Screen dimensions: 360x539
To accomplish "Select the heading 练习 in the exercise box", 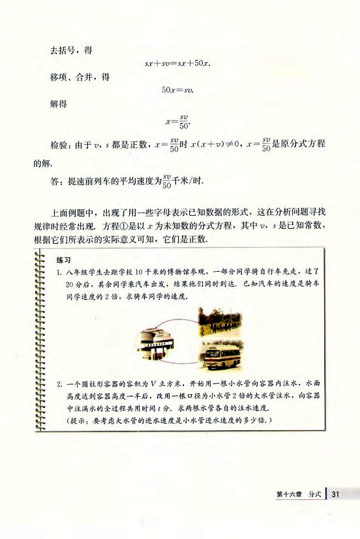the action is point(64,259).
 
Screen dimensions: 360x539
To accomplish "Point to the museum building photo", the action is point(157,344).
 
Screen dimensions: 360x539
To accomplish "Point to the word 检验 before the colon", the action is point(59,144).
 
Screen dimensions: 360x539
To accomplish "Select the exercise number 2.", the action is point(59,383).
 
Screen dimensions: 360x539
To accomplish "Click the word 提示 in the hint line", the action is point(79,419).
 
